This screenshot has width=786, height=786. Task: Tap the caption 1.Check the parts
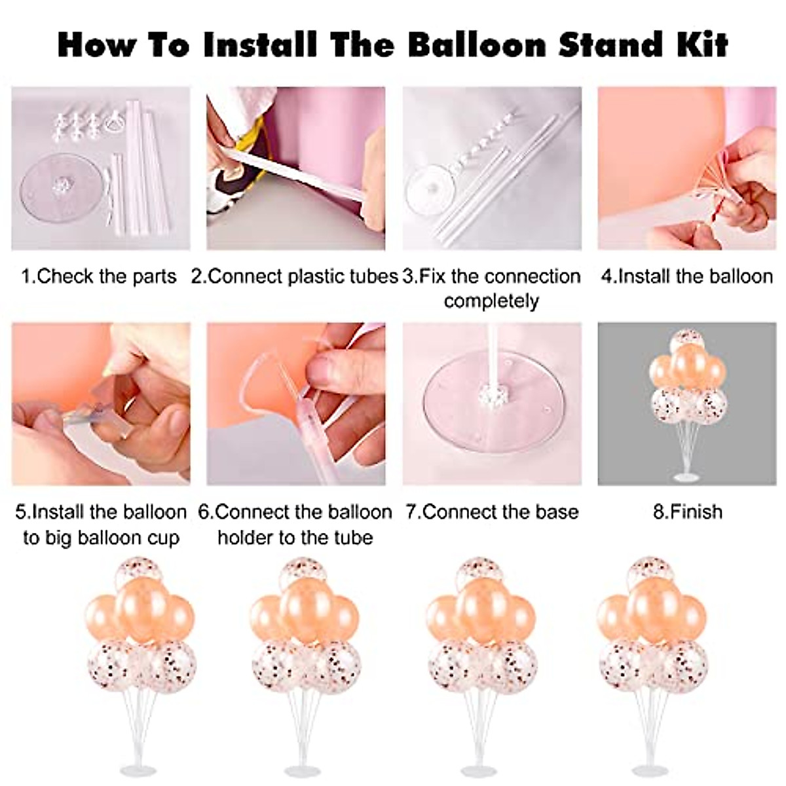coord(99,276)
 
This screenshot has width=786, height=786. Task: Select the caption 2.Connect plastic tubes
coord(295,276)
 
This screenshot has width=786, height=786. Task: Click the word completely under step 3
coord(491,301)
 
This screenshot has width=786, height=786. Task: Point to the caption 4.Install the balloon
coord(687,276)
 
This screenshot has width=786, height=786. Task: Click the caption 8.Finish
coord(687,511)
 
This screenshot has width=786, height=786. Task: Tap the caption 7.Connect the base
coord(492,511)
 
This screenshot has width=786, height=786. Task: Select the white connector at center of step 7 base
coord(490,395)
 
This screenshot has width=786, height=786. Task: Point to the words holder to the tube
coord(295,538)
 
